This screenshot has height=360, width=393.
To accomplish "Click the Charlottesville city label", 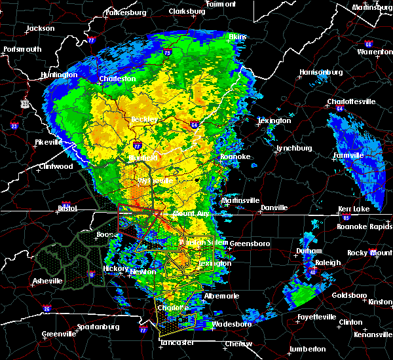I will coord(352,101).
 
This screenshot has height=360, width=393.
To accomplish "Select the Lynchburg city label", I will coord(293,149).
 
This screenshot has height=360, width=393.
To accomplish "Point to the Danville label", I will coord(274,207).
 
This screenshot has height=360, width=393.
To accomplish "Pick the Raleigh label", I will coord(328,262).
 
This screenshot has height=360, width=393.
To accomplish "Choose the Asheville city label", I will coord(47,281).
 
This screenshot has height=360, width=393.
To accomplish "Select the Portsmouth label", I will coord(22,49).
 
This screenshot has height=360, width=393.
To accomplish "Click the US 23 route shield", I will coord(24,103).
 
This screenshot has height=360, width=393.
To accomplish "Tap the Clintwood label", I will coord(55,166).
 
